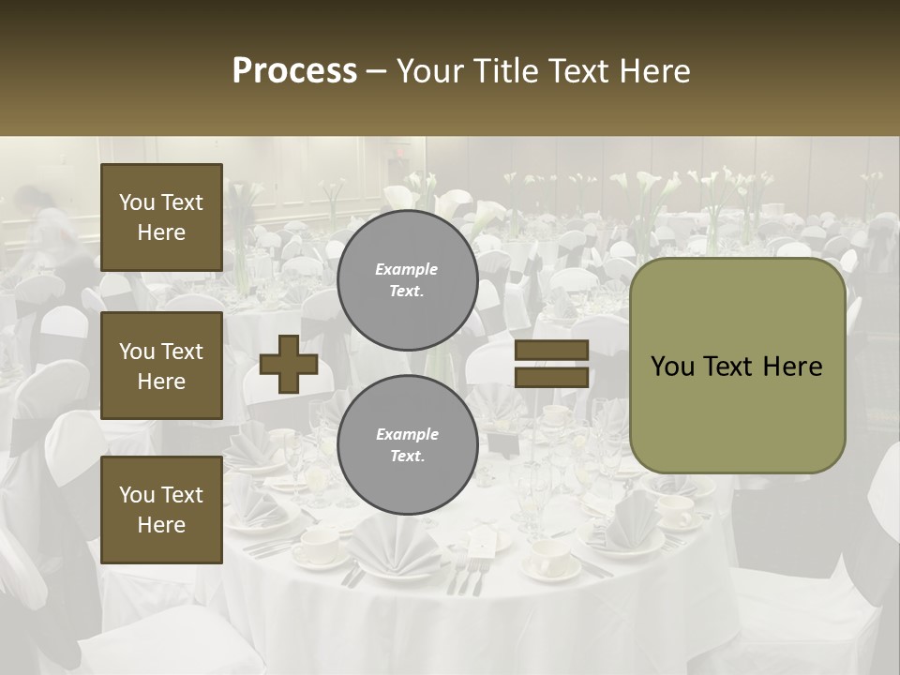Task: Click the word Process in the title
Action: click(x=294, y=71)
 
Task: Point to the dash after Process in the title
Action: click(x=376, y=71)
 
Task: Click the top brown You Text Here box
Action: click(x=161, y=217)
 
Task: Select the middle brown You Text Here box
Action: click(x=161, y=366)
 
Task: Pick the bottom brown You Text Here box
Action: click(x=161, y=510)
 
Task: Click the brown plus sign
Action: click(x=289, y=365)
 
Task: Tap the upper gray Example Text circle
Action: click(x=407, y=279)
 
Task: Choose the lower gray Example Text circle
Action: click(x=407, y=444)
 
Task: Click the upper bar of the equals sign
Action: click(x=551, y=351)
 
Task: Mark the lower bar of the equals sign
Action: click(x=551, y=377)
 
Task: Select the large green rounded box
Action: click(x=737, y=366)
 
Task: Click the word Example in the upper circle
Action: click(x=407, y=269)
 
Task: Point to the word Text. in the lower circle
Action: click(x=407, y=456)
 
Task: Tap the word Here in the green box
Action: click(x=792, y=367)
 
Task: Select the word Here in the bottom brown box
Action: click(x=161, y=525)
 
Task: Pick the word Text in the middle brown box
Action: click(x=180, y=352)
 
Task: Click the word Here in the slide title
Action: click(x=653, y=71)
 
